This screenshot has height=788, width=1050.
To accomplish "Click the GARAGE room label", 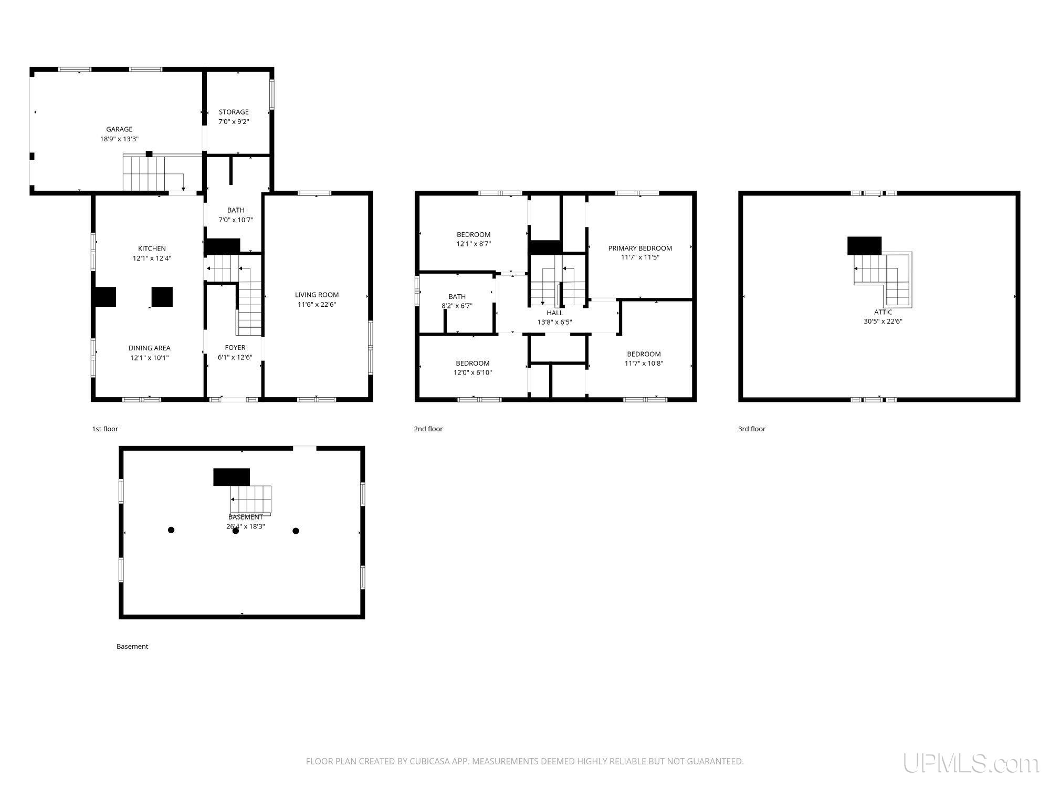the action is [x=119, y=129].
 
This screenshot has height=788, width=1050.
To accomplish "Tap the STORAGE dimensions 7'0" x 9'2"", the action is [x=234, y=121].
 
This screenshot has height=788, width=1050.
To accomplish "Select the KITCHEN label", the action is [x=152, y=248].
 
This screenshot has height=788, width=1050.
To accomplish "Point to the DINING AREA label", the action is [x=150, y=348].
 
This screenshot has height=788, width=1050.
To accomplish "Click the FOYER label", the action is [x=235, y=347].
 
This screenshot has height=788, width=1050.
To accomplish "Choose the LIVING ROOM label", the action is [x=317, y=295].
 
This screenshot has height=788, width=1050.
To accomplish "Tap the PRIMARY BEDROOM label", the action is [x=640, y=248].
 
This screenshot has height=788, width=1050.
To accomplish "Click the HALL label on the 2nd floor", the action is [x=554, y=313].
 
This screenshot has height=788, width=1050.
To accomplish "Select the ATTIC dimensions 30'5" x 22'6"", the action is [x=883, y=322].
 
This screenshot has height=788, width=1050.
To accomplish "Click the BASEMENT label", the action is [x=246, y=517].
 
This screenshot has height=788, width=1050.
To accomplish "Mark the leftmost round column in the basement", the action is [x=171, y=530].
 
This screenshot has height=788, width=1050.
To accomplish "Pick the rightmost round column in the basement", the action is [x=296, y=531].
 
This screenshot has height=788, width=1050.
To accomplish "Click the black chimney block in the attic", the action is [x=864, y=245].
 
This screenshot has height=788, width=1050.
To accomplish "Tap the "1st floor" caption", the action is [x=105, y=429].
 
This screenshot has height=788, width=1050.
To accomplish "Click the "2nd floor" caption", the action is [x=428, y=429].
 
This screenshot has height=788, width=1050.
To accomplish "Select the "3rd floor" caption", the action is [x=751, y=429].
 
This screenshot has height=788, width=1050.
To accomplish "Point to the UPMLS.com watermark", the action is [x=971, y=763].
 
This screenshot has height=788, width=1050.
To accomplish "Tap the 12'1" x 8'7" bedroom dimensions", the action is [x=474, y=244].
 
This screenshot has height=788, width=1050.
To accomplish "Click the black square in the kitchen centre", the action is [x=162, y=297].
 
